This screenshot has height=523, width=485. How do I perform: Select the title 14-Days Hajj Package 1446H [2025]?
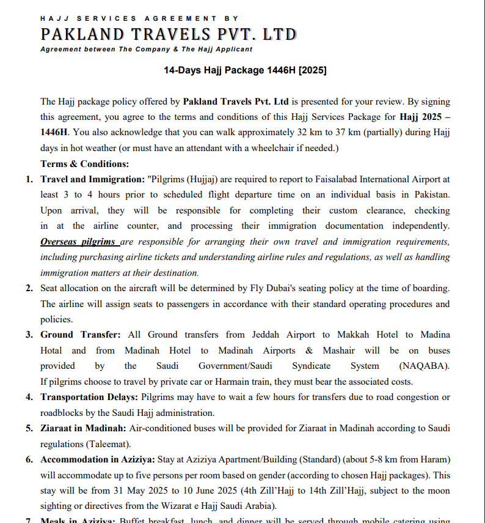[245, 70]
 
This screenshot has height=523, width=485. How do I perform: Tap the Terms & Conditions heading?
[85, 164]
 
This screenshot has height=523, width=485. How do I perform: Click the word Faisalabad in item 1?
[339, 179]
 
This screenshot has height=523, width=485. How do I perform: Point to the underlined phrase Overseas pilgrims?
[79, 242]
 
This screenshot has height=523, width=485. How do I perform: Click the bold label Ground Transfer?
[81, 335]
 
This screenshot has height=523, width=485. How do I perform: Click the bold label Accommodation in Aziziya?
[98, 459]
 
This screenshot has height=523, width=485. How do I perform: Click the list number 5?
[29, 428]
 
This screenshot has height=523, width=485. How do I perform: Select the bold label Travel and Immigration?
[92, 179]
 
